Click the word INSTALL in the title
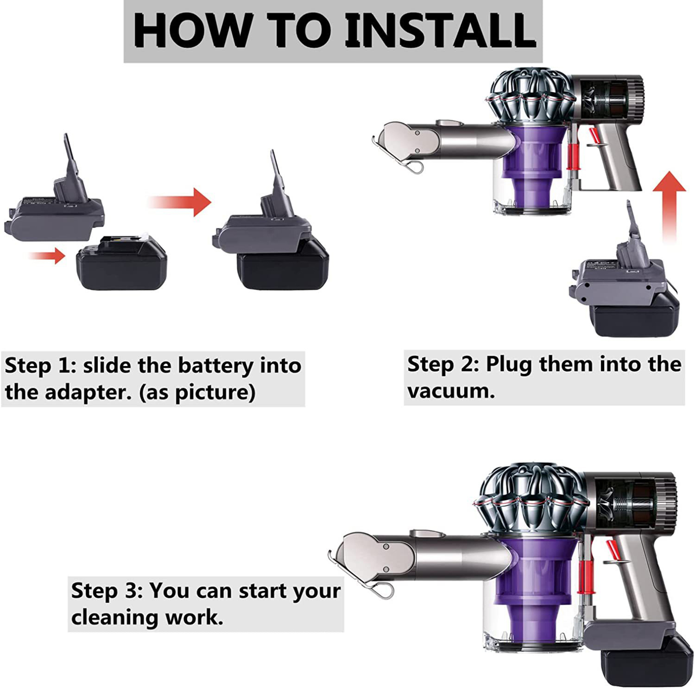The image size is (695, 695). [x=440, y=30]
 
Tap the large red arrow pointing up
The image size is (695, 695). [x=669, y=206]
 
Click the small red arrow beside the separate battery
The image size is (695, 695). [x=47, y=255]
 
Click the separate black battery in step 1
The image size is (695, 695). [x=121, y=263]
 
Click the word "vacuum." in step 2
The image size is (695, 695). [x=451, y=391]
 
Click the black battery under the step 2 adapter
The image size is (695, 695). [x=637, y=315]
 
